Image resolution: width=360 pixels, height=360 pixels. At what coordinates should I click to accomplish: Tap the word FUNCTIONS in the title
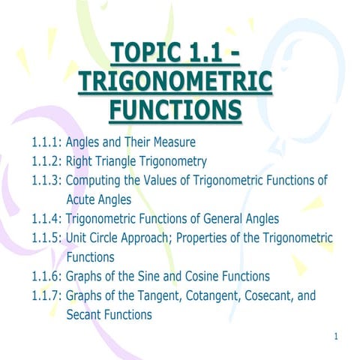coord(175,110)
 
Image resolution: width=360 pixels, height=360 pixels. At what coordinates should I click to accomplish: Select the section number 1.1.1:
coord(46,141)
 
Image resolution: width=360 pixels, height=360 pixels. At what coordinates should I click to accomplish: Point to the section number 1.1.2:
coord(46,160)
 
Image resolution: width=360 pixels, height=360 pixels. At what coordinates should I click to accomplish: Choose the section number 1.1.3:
coord(46,180)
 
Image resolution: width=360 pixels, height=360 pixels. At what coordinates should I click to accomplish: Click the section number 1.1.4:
coord(46,219)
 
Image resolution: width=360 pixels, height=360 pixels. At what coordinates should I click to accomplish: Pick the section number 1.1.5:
coord(46,238)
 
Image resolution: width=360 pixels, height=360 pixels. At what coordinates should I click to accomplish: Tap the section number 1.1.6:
coord(46,276)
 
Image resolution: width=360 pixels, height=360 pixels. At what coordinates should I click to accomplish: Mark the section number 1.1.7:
coord(46,295)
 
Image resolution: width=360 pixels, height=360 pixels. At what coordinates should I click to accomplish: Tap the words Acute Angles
coord(98,199)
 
